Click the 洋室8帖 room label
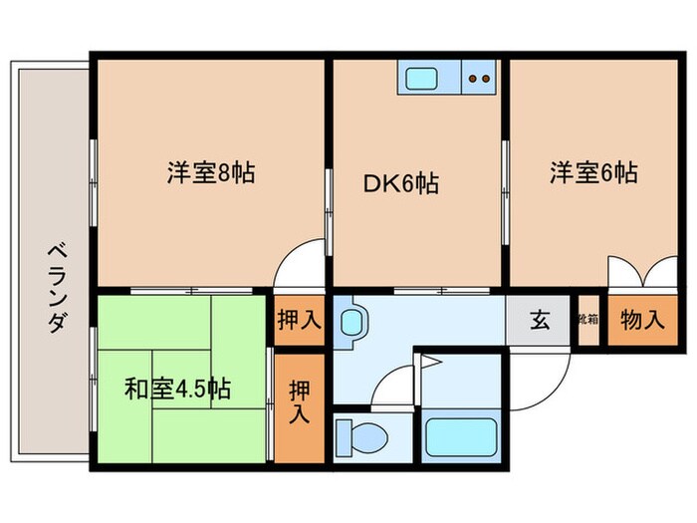[210, 173]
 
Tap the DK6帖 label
[400, 183]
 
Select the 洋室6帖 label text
[592, 173]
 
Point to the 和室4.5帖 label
[177, 388]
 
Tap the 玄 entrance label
[539, 321]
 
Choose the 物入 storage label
[641, 321]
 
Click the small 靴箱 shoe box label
[587, 321]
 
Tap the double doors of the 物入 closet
[634, 272]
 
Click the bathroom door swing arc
[391, 384]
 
